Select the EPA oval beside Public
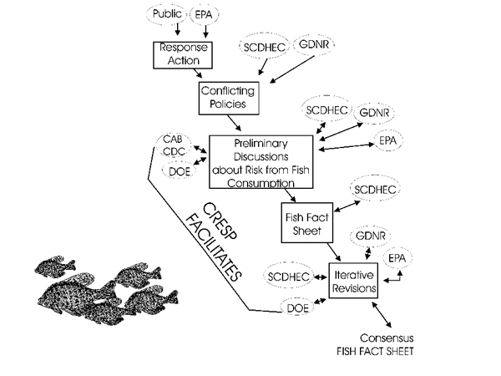(x=204, y=14)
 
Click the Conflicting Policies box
(x=225, y=99)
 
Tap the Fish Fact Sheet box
(x=303, y=222)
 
